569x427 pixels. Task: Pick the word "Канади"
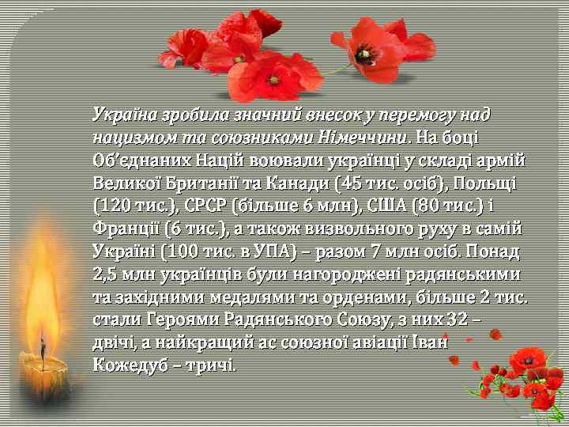click(x=297, y=184)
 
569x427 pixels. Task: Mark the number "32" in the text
click(x=454, y=321)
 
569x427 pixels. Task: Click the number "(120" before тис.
click(x=109, y=207)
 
